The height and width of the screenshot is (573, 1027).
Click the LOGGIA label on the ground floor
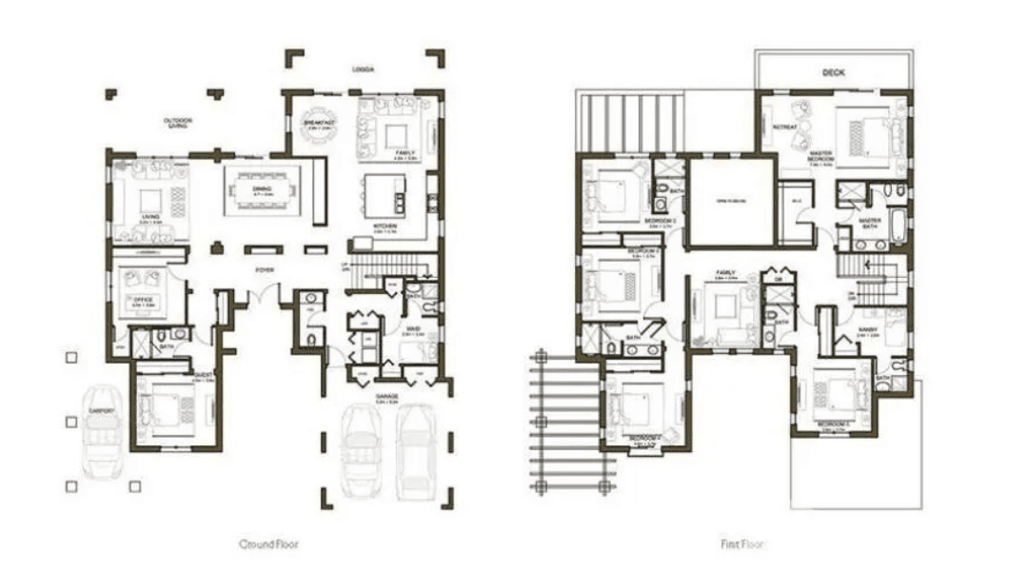(x=363, y=69)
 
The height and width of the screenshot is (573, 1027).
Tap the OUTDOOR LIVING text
(x=177, y=124)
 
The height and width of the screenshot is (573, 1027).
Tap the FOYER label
(x=265, y=270)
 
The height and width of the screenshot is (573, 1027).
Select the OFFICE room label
(x=144, y=300)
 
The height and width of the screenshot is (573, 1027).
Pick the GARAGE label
(x=387, y=397)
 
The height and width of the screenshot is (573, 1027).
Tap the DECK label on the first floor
(x=834, y=72)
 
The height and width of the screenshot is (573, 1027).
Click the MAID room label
(x=413, y=329)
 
